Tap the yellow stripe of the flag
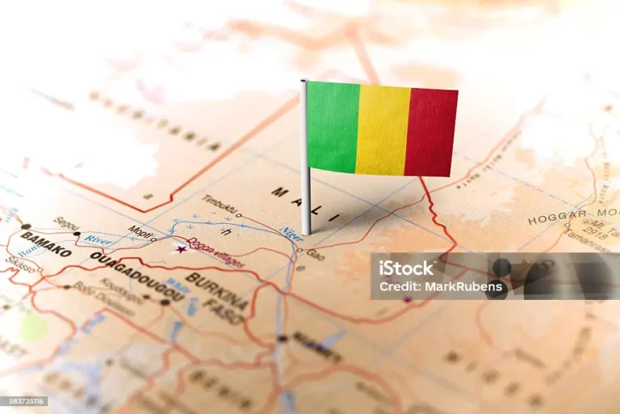(383, 129)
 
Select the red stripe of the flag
(431, 133)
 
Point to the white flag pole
(305, 162)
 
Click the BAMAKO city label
(46, 243)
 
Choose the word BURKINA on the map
(217, 291)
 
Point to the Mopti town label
(139, 232)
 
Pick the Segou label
(66, 223)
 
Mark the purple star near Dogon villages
(180, 248)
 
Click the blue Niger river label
(291, 234)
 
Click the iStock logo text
(407, 268)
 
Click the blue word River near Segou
(98, 239)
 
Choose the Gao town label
(315, 254)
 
